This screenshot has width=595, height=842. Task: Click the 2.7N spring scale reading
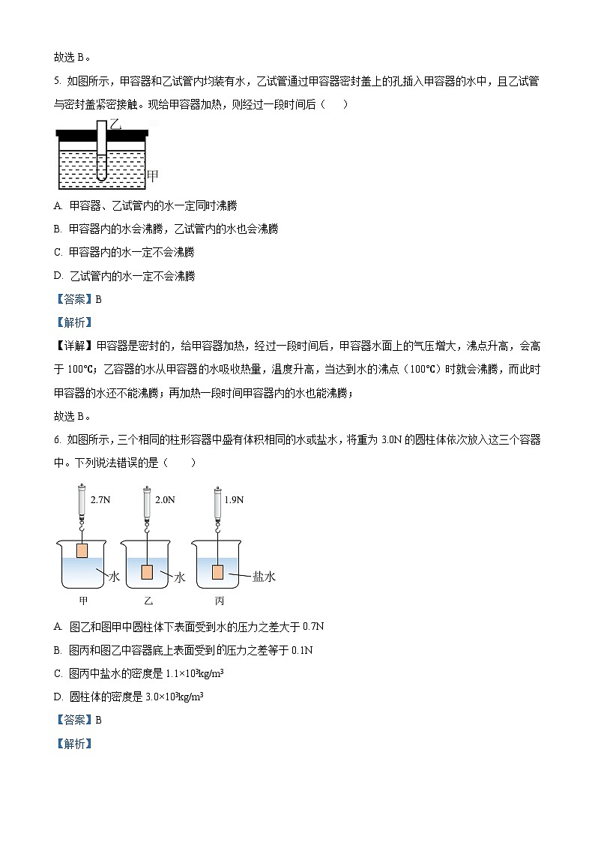tap(100, 499)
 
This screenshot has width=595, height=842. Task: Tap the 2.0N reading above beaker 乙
tap(165, 499)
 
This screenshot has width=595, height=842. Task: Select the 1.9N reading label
tap(235, 499)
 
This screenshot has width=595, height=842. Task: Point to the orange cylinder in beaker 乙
tap(147, 572)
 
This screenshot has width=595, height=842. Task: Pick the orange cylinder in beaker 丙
tap(217, 572)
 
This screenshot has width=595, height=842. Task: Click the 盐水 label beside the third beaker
tap(264, 577)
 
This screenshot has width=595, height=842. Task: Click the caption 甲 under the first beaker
tap(82, 601)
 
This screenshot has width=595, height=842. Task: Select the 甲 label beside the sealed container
tap(152, 177)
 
